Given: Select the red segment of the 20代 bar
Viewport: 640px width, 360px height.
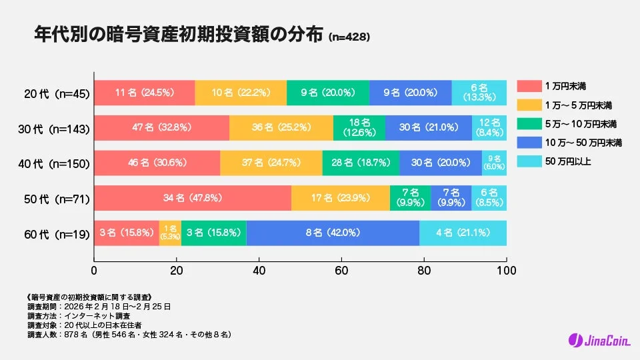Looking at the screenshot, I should point(144,93).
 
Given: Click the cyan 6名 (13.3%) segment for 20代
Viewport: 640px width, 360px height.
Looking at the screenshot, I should point(479,93).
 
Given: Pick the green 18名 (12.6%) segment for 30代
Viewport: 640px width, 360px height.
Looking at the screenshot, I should point(359,127).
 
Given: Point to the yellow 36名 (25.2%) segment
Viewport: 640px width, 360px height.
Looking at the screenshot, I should point(281,127).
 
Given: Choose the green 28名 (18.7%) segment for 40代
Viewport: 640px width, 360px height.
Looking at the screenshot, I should point(361,163).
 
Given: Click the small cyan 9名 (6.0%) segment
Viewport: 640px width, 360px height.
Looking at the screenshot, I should point(494,163).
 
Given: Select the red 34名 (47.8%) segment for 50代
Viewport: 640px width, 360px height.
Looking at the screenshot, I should point(192,198).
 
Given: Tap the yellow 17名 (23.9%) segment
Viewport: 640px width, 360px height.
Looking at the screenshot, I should point(340,198).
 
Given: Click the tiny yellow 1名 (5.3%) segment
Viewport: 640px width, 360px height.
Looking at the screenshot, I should point(170,233).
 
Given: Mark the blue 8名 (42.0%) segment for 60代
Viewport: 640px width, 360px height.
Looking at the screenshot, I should point(333,233).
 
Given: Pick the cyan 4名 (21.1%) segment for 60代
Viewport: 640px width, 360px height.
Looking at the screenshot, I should point(463,233).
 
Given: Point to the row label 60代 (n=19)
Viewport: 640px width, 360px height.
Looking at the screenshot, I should point(55,233).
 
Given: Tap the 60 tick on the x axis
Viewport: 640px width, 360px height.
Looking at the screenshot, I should point(341,271).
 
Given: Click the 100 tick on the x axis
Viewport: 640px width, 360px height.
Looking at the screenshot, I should point(506,271).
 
